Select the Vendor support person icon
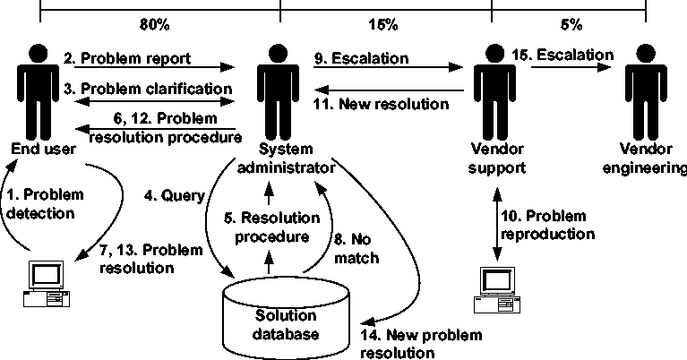click(x=488, y=90)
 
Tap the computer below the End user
click(x=44, y=282)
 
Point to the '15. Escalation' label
click(x=569, y=56)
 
